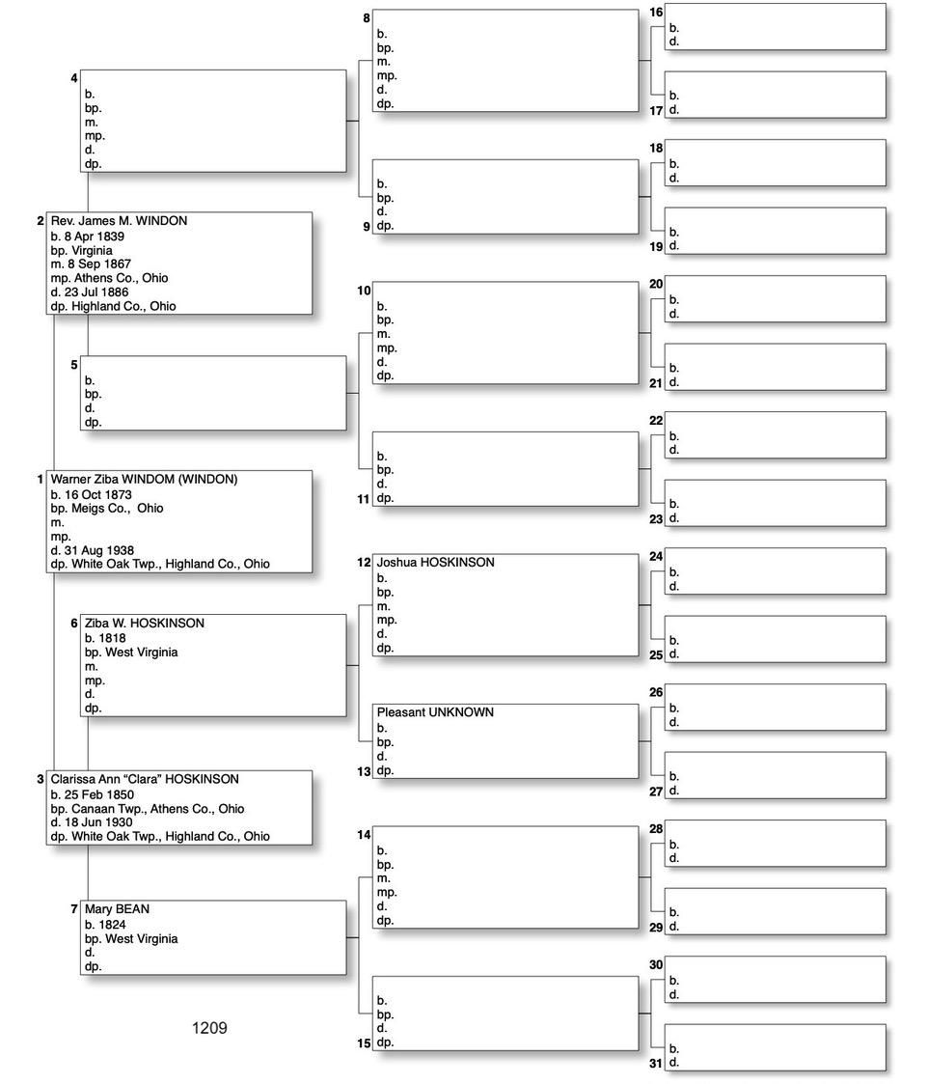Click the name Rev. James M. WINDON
tap(119, 221)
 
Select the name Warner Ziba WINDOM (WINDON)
tap(144, 479)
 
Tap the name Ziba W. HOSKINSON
tap(145, 624)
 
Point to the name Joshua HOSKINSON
tap(435, 562)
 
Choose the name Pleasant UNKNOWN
tap(435, 712)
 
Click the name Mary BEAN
tap(117, 909)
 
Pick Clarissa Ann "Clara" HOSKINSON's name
tap(145, 779)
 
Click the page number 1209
tap(209, 1028)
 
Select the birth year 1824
tap(112, 924)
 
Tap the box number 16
tap(656, 12)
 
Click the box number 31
tap(656, 1063)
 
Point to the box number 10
tap(364, 290)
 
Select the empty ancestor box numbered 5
tap(213, 393)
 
